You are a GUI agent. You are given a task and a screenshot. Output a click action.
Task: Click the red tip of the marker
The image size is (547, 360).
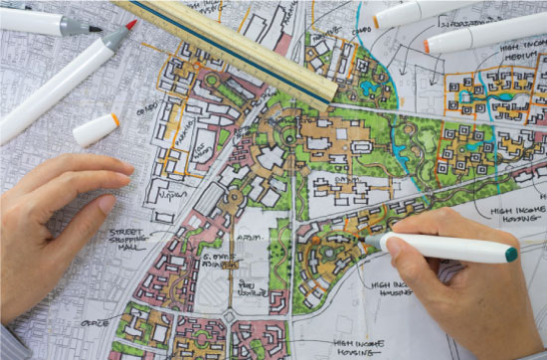pyautogui.click(x=130, y=24)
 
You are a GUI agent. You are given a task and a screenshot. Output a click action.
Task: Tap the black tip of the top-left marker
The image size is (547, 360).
pyautogui.click(x=95, y=29)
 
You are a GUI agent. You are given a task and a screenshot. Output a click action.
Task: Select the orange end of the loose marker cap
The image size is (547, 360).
pyautogui.click(x=115, y=119)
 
